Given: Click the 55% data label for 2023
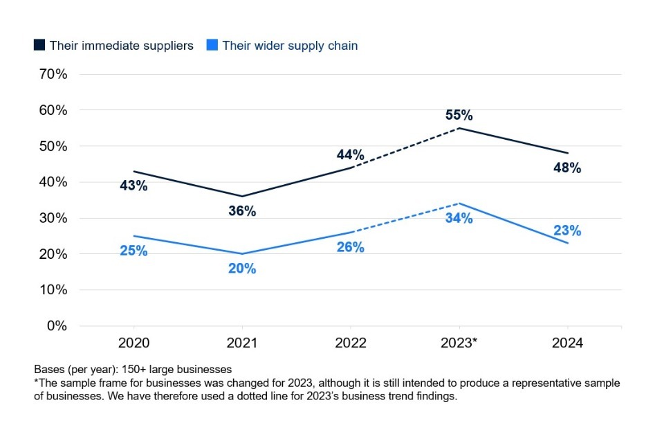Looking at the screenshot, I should point(459,115).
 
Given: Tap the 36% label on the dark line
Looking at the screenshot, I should point(242,211).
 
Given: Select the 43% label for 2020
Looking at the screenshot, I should point(133,186).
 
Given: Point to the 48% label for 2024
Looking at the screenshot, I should point(567,168).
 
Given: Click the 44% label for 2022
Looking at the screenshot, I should point(350,154).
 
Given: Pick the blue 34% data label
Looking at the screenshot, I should point(459,219).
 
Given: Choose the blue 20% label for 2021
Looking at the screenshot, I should point(242,269).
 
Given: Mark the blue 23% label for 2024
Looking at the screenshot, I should point(567,230).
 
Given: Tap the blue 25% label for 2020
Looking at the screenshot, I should point(133,251).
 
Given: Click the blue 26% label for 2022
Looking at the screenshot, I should point(350,247).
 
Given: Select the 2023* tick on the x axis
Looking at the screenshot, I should point(459,343).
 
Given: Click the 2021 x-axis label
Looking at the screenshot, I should point(242,343).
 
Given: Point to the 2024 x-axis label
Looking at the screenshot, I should point(567,343).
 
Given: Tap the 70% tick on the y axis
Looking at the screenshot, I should point(52,74).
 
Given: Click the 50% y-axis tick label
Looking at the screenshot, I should point(52,146).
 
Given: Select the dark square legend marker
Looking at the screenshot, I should point(39,46).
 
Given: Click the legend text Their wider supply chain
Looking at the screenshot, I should point(290,46).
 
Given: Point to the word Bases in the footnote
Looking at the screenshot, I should point(48,369).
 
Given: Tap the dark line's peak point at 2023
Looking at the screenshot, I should point(459,128).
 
